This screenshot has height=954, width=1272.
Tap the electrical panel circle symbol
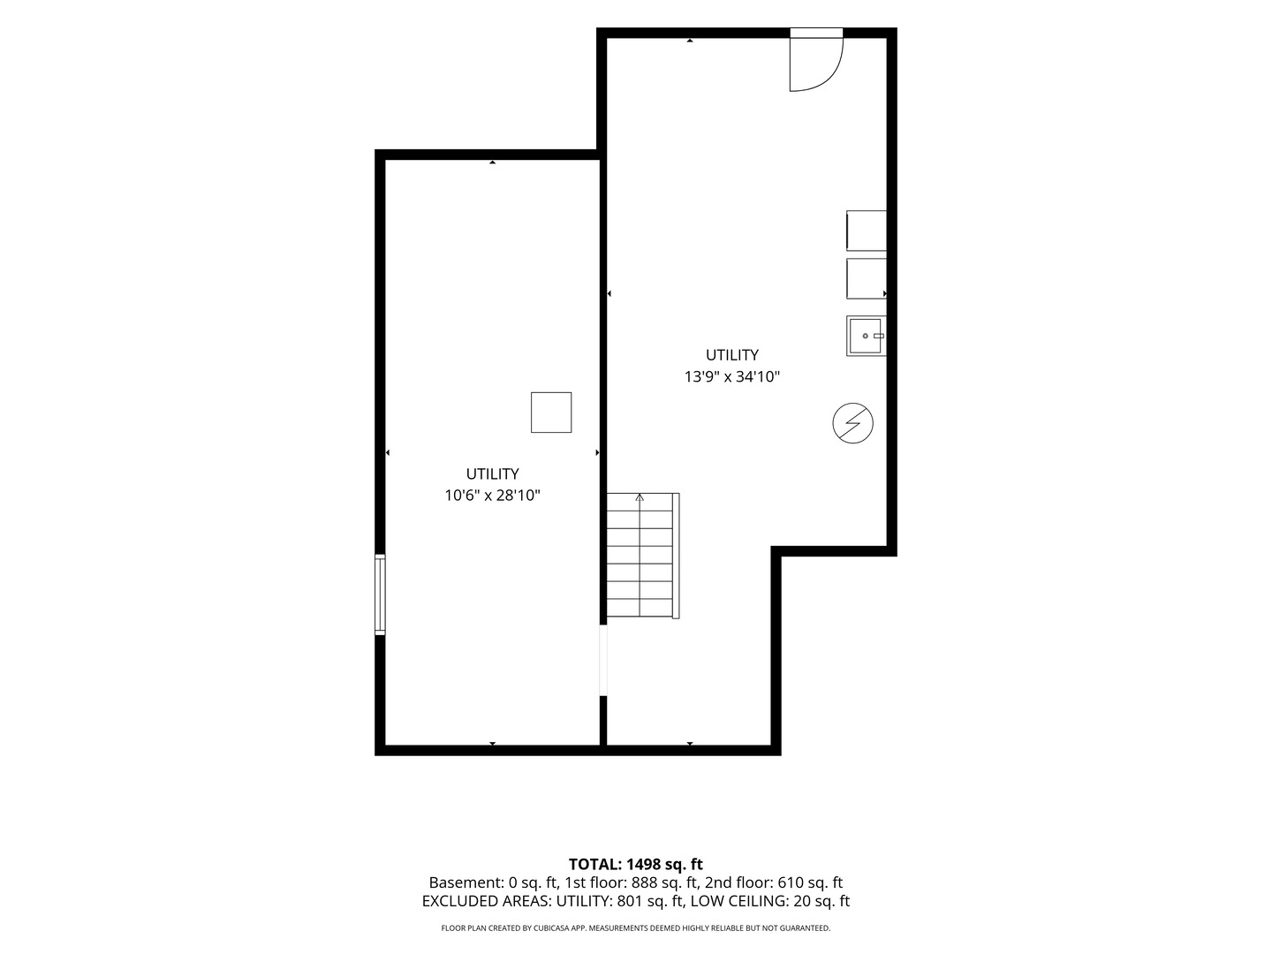852,423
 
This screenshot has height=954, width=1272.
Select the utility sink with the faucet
866,336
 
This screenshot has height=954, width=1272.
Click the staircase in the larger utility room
643,556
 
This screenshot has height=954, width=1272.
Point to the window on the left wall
380,594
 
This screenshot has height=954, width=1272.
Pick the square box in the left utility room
551,413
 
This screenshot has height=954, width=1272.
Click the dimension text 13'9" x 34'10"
732,377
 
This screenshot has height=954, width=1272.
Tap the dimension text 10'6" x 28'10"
493,496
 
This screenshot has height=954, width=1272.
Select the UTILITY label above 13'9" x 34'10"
732,355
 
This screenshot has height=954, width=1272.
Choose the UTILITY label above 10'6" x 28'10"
493,473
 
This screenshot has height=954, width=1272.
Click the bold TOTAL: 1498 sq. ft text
636,864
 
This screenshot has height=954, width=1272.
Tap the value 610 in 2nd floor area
790,882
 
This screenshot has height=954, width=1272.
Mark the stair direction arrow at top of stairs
640,497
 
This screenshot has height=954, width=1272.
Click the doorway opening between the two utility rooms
602,661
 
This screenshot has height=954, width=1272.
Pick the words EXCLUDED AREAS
486,901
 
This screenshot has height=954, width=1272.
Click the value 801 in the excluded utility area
629,901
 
